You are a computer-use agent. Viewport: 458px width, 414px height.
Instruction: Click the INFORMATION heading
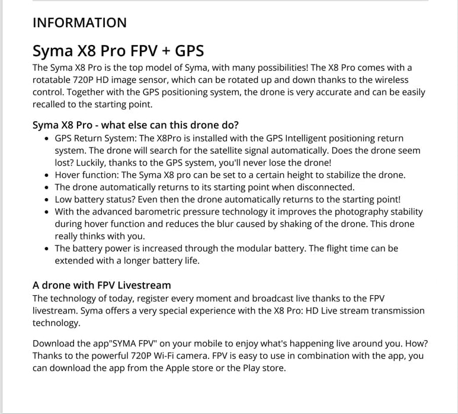click(79, 23)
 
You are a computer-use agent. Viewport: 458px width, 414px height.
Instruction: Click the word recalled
click(52, 105)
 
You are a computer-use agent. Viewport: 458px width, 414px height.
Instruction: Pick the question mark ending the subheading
click(236, 125)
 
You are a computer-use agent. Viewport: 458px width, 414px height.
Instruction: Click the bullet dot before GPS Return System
click(47, 138)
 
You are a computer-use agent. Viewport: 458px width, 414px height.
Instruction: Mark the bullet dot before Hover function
click(47, 176)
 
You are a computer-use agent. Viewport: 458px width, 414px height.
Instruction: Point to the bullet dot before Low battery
click(47, 200)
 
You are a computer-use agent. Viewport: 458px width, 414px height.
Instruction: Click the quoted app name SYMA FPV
click(137, 344)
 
